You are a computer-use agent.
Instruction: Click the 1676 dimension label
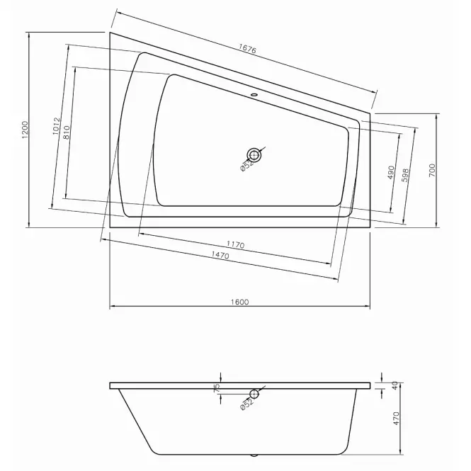[247, 49]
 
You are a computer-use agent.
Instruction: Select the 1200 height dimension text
[25, 130]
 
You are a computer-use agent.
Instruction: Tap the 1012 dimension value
[57, 126]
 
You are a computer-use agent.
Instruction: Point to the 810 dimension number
[67, 132]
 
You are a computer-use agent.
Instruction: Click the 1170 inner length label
[235, 245]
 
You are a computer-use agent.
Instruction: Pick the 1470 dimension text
[220, 255]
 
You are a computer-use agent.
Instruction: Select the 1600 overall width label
[240, 302]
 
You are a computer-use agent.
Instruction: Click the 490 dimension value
[391, 172]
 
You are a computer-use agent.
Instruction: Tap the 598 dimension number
[405, 175]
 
